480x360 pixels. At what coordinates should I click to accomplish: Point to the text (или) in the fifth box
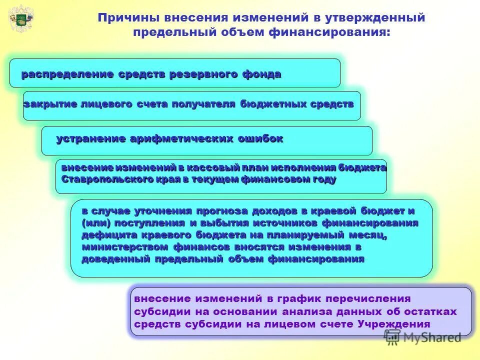point(95,223)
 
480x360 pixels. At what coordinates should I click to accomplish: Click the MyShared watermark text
point(432,337)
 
